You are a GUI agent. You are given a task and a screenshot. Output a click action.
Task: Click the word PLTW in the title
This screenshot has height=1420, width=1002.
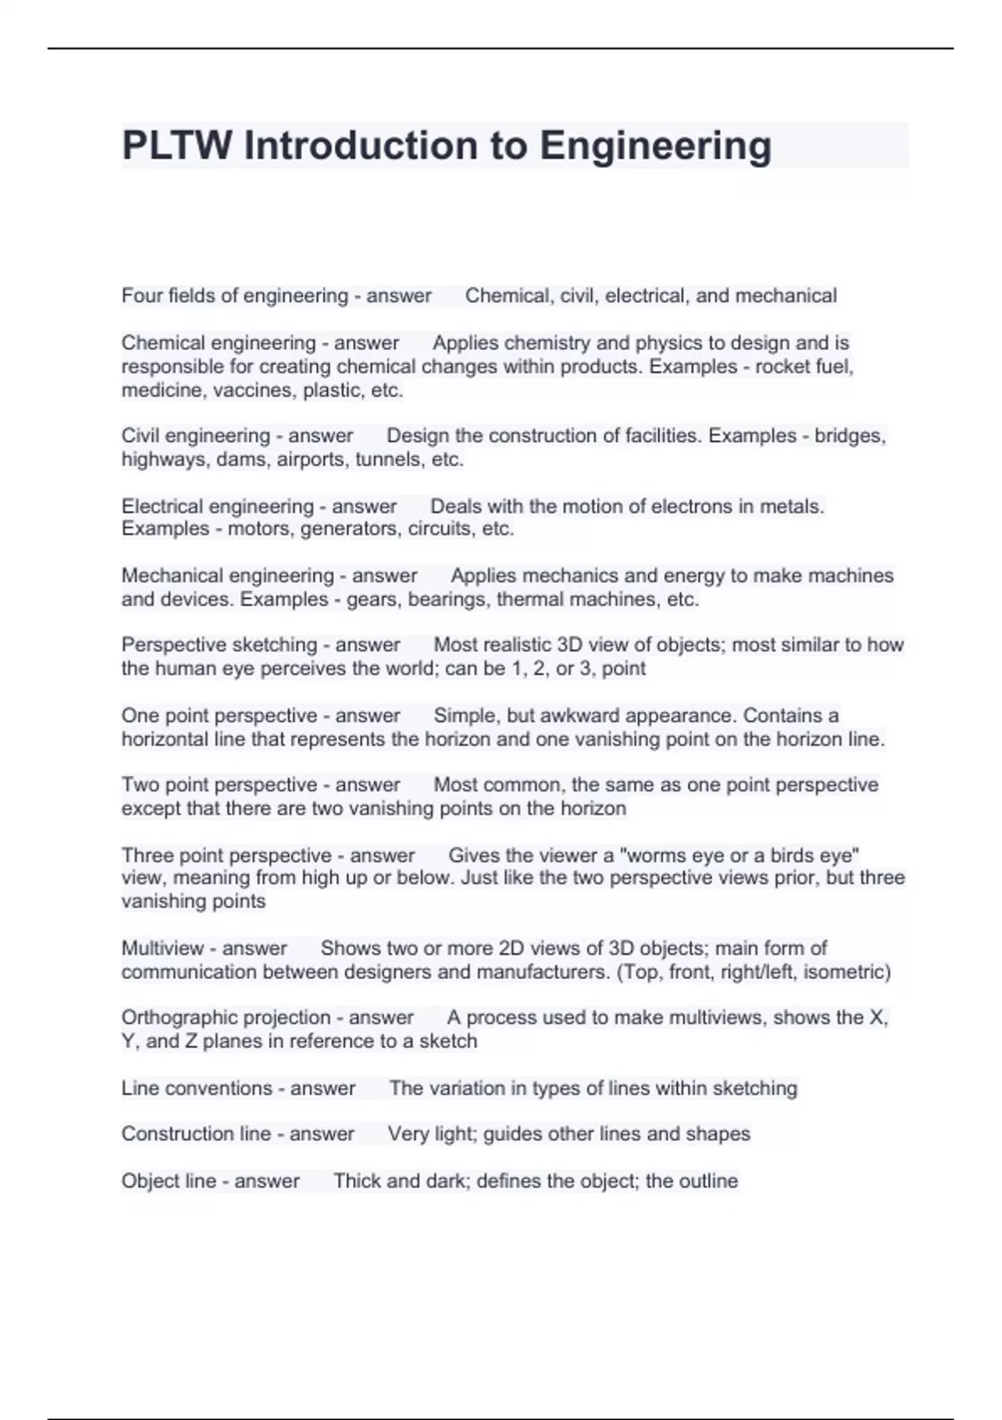[x=177, y=145]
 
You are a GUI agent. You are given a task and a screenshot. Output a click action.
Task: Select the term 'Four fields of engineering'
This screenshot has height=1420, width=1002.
[x=235, y=296]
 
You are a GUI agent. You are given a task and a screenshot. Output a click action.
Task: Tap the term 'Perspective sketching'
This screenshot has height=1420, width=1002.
[x=220, y=645]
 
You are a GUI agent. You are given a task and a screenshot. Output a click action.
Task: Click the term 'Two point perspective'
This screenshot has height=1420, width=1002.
[x=220, y=785]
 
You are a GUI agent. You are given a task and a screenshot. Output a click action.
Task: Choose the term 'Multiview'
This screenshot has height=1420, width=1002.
[x=163, y=948]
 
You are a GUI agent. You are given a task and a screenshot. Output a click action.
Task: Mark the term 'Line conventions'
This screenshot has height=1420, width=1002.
[x=197, y=1088]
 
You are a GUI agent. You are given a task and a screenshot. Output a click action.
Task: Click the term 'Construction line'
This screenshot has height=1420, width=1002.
[x=196, y=1134]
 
